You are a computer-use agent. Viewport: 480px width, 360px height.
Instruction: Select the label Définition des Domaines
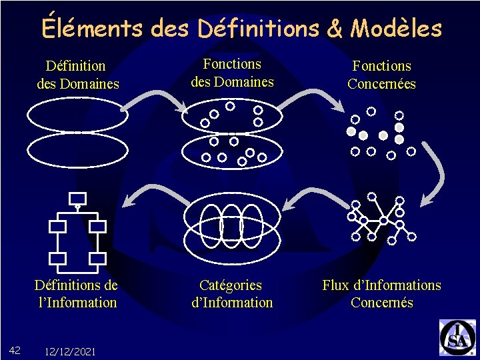(x=77, y=75)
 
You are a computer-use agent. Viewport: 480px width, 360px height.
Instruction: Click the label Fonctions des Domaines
(x=232, y=73)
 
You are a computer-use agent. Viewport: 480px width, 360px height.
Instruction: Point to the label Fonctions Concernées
(x=381, y=75)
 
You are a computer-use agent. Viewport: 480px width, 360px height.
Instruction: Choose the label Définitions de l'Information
(x=77, y=294)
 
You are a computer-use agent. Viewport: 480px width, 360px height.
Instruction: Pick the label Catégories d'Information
(x=231, y=294)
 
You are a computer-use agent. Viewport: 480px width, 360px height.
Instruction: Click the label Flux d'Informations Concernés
(x=381, y=294)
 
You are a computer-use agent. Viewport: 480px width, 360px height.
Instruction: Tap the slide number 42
(x=17, y=351)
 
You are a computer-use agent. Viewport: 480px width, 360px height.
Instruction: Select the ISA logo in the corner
(x=457, y=337)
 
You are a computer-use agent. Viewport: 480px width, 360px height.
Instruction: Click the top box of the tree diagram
(x=78, y=198)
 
